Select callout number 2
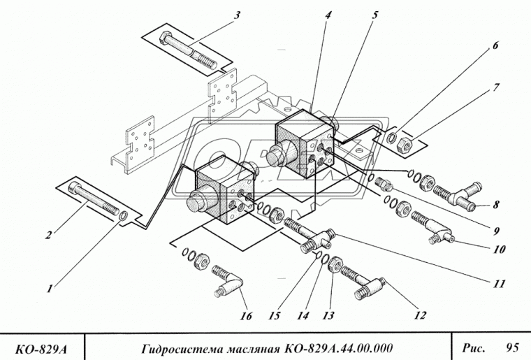(x=48, y=235)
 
